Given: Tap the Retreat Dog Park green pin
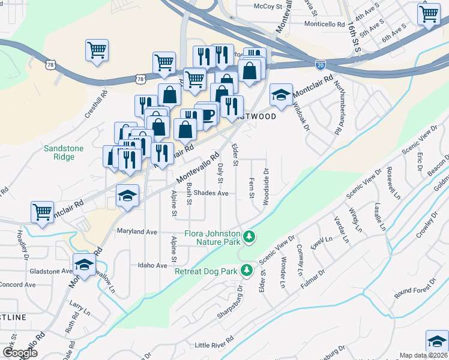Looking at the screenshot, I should coord(246,271).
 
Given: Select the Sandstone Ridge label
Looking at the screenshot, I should coord(64,152).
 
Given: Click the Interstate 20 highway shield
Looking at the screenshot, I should coord(321,63).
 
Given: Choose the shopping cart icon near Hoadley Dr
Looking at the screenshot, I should coord(41,212).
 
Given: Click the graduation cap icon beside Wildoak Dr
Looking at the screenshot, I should coord(280,94).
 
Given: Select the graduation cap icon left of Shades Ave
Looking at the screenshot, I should coord(127,197).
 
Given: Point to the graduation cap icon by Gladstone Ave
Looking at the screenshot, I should coord(85,263).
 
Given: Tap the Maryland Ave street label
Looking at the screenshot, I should coord(137,231).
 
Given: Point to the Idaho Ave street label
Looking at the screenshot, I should coord(152,265).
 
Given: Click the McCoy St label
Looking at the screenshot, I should coord(268,6).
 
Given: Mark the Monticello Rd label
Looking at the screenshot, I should coord(325,25).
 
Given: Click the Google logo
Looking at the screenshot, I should coord(20,353).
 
